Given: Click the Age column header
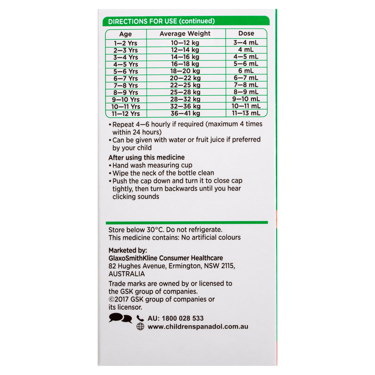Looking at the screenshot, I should [126, 34].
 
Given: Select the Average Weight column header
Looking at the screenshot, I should [185, 34].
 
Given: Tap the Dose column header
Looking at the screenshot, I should [246, 33].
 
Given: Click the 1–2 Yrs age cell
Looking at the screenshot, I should [126, 43].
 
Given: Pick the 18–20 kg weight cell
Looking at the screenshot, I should [185, 71].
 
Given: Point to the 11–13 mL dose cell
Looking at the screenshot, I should [246, 113].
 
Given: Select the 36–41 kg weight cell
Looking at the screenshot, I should [185, 113].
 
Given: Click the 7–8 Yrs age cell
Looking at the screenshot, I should [126, 85].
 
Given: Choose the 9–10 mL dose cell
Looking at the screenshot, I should [246, 99].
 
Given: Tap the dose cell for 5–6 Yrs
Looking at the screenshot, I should [246, 71].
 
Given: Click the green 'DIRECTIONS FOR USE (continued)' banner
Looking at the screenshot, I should [186, 21].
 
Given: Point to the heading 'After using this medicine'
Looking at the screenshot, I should [147, 157].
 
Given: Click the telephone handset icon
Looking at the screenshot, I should [140, 318].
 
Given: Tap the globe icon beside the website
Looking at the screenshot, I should [140, 327].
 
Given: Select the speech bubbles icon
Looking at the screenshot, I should [120, 318].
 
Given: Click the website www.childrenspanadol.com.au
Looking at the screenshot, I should [198, 327].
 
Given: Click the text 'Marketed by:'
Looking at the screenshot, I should [127, 250].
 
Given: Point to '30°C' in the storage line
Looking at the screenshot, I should [155, 230].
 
